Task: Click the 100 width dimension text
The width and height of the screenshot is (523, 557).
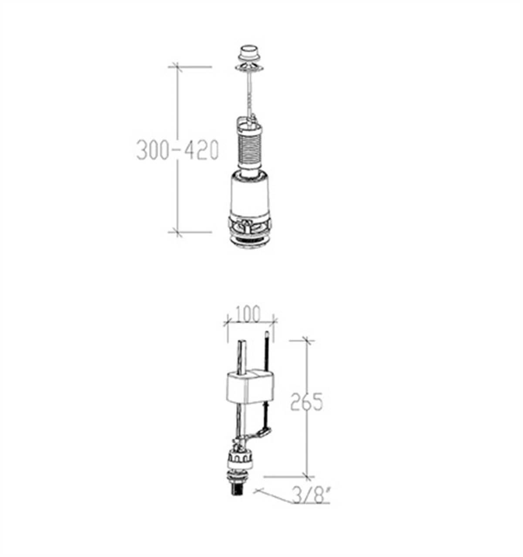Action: tap(248, 314)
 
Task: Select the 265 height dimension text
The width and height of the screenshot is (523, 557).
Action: tap(306, 401)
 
